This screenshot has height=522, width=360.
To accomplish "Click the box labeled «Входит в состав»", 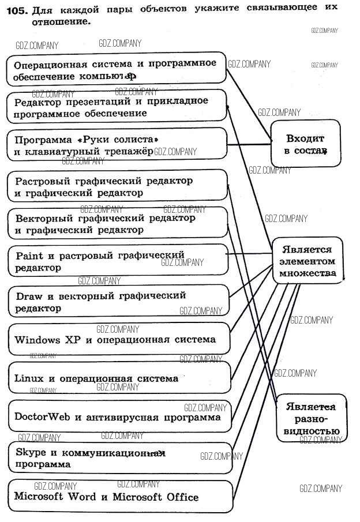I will pyautogui.click(x=305, y=144).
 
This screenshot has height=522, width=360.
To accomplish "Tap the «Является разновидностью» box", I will pyautogui.click(x=311, y=418).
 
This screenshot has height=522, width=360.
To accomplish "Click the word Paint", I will pyautogui.click(x=29, y=255).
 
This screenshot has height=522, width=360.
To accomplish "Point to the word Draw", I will pyautogui.click(x=29, y=296).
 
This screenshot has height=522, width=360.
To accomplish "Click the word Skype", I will pyautogui.click(x=31, y=452).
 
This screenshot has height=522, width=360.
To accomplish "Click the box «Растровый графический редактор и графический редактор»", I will pyautogui.click(x=118, y=186).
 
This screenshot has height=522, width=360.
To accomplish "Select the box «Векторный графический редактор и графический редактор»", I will pyautogui.click(x=118, y=224).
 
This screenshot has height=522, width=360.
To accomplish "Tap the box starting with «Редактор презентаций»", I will pyautogui.click(x=118, y=106).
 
